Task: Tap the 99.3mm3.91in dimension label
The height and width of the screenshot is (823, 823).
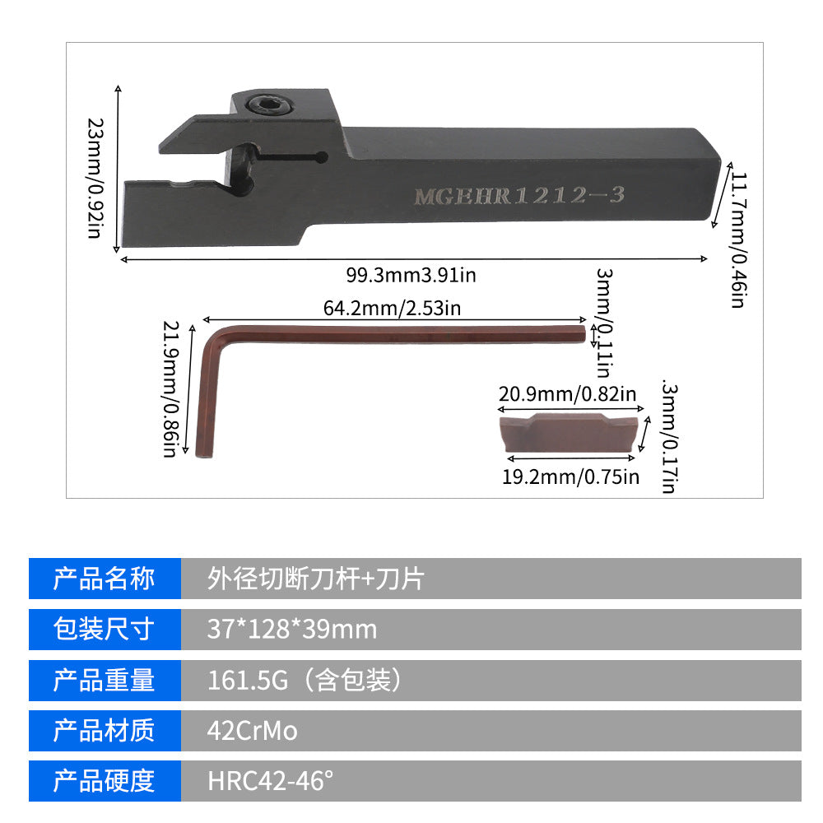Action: (411, 275)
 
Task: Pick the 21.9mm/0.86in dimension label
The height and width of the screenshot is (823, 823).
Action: (170, 390)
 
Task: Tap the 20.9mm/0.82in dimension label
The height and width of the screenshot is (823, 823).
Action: (567, 394)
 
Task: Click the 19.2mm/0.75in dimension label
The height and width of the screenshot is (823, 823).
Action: (570, 477)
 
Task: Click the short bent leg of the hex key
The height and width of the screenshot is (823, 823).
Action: (206, 395)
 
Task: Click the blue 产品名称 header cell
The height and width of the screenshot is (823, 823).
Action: (105, 579)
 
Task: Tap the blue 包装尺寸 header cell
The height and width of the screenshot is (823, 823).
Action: (105, 630)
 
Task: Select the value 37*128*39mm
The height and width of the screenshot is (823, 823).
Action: (292, 630)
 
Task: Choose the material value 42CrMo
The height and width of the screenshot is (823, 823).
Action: (253, 731)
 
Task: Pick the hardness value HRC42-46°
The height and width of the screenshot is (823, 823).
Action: (271, 781)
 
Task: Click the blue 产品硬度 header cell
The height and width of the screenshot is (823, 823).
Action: (105, 781)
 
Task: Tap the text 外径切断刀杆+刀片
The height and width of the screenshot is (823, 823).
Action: (315, 579)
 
